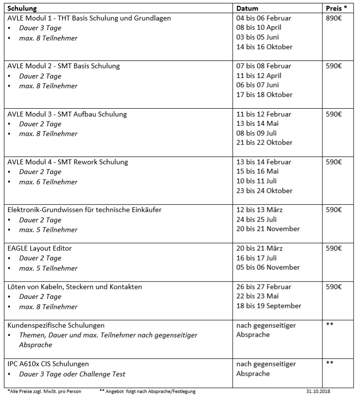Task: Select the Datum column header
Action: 247,8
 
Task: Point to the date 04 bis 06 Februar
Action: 264,18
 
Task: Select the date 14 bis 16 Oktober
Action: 265,47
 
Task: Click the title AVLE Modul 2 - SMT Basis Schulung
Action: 64,66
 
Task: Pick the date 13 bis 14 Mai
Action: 258,124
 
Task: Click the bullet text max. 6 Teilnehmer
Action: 48,182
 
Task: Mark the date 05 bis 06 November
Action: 268,267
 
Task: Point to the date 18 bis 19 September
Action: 269,306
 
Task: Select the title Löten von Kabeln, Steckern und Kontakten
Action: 75,287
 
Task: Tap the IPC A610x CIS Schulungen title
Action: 48,364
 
